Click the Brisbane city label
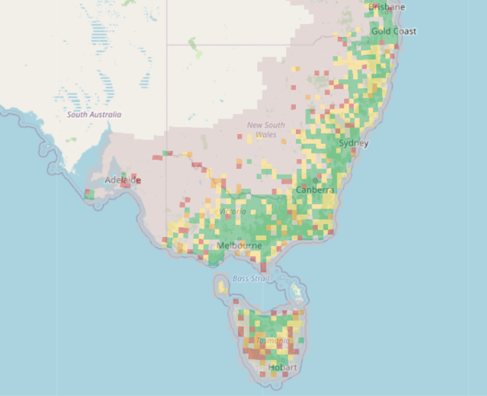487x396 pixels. point(387,7)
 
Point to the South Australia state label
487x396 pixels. point(94,115)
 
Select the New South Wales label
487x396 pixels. point(265,130)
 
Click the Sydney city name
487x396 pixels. point(354,143)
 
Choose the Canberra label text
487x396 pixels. point(315,190)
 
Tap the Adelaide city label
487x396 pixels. point(123,180)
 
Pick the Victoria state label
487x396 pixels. point(233,211)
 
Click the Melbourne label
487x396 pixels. point(239,246)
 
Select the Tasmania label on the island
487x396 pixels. point(272,341)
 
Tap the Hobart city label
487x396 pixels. point(283,368)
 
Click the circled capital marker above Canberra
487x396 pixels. point(315,181)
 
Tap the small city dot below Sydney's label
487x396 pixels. point(352,150)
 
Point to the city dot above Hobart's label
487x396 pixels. point(282,360)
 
